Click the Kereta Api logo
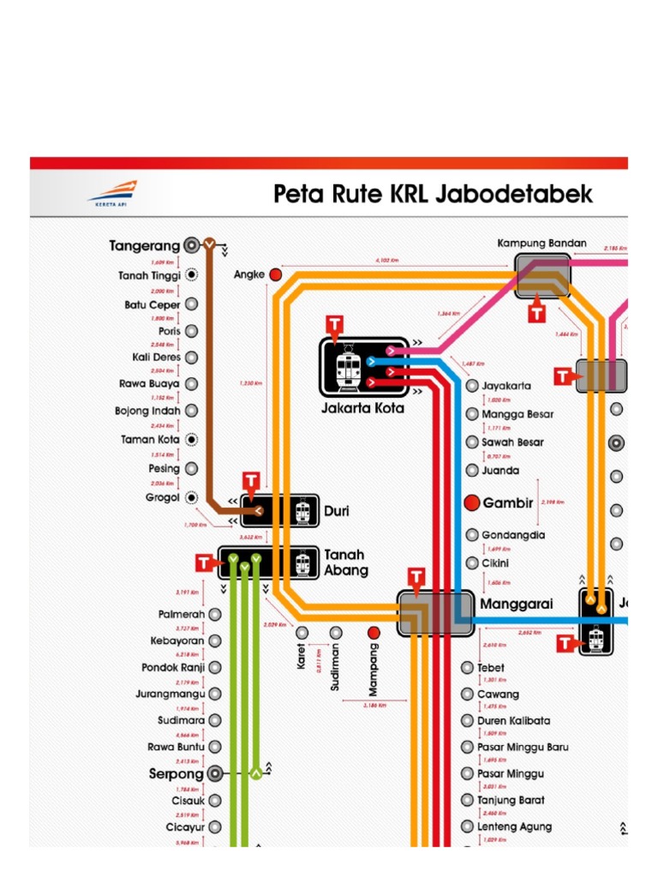click(111, 192)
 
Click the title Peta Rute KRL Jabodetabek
click(433, 194)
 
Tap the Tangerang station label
click(144, 246)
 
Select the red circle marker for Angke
click(275, 274)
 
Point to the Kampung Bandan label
click(541, 244)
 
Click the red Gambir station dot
click(471, 503)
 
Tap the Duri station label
click(336, 511)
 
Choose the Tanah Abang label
click(346, 562)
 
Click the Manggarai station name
click(516, 604)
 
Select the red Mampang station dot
click(373, 633)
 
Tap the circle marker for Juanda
click(471, 471)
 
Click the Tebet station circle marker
click(467, 667)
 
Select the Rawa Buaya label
click(149, 384)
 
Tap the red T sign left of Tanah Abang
click(204, 562)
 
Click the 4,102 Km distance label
click(387, 260)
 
